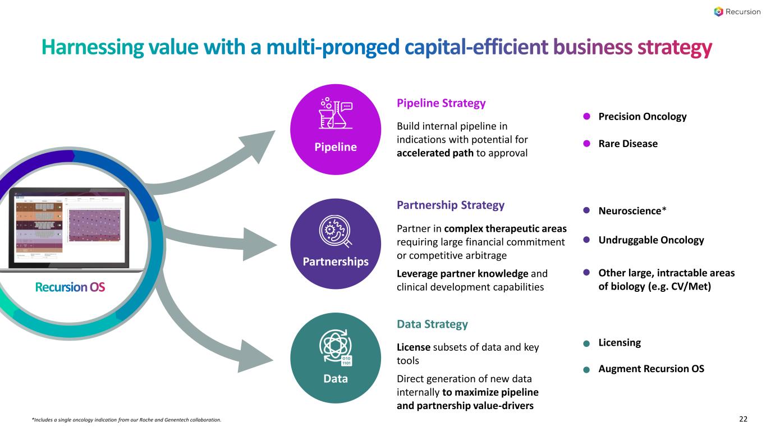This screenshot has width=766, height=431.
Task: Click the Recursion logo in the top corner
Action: click(737, 12)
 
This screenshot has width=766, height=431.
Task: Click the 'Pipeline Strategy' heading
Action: click(441, 103)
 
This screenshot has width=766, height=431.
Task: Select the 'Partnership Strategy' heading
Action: click(451, 205)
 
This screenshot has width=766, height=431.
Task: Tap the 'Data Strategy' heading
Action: click(432, 324)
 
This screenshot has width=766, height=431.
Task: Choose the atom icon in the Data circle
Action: click(335, 347)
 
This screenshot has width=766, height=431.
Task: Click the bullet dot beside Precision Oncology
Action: click(586, 117)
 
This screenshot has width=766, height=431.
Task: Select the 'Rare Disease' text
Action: click(628, 144)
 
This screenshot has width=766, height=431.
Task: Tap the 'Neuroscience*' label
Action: click(632, 211)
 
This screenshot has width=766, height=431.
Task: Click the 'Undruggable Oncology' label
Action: click(651, 240)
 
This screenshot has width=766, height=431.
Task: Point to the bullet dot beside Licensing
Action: click(586, 343)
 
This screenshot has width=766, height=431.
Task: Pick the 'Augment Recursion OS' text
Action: click(651, 369)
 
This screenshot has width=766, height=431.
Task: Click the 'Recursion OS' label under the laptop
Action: click(70, 287)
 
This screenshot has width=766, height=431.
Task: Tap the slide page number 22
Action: click(744, 419)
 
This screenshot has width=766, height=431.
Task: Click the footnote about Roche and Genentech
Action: click(126, 420)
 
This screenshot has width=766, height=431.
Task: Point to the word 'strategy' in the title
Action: click(675, 48)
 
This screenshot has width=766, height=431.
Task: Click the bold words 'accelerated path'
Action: click(435, 153)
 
